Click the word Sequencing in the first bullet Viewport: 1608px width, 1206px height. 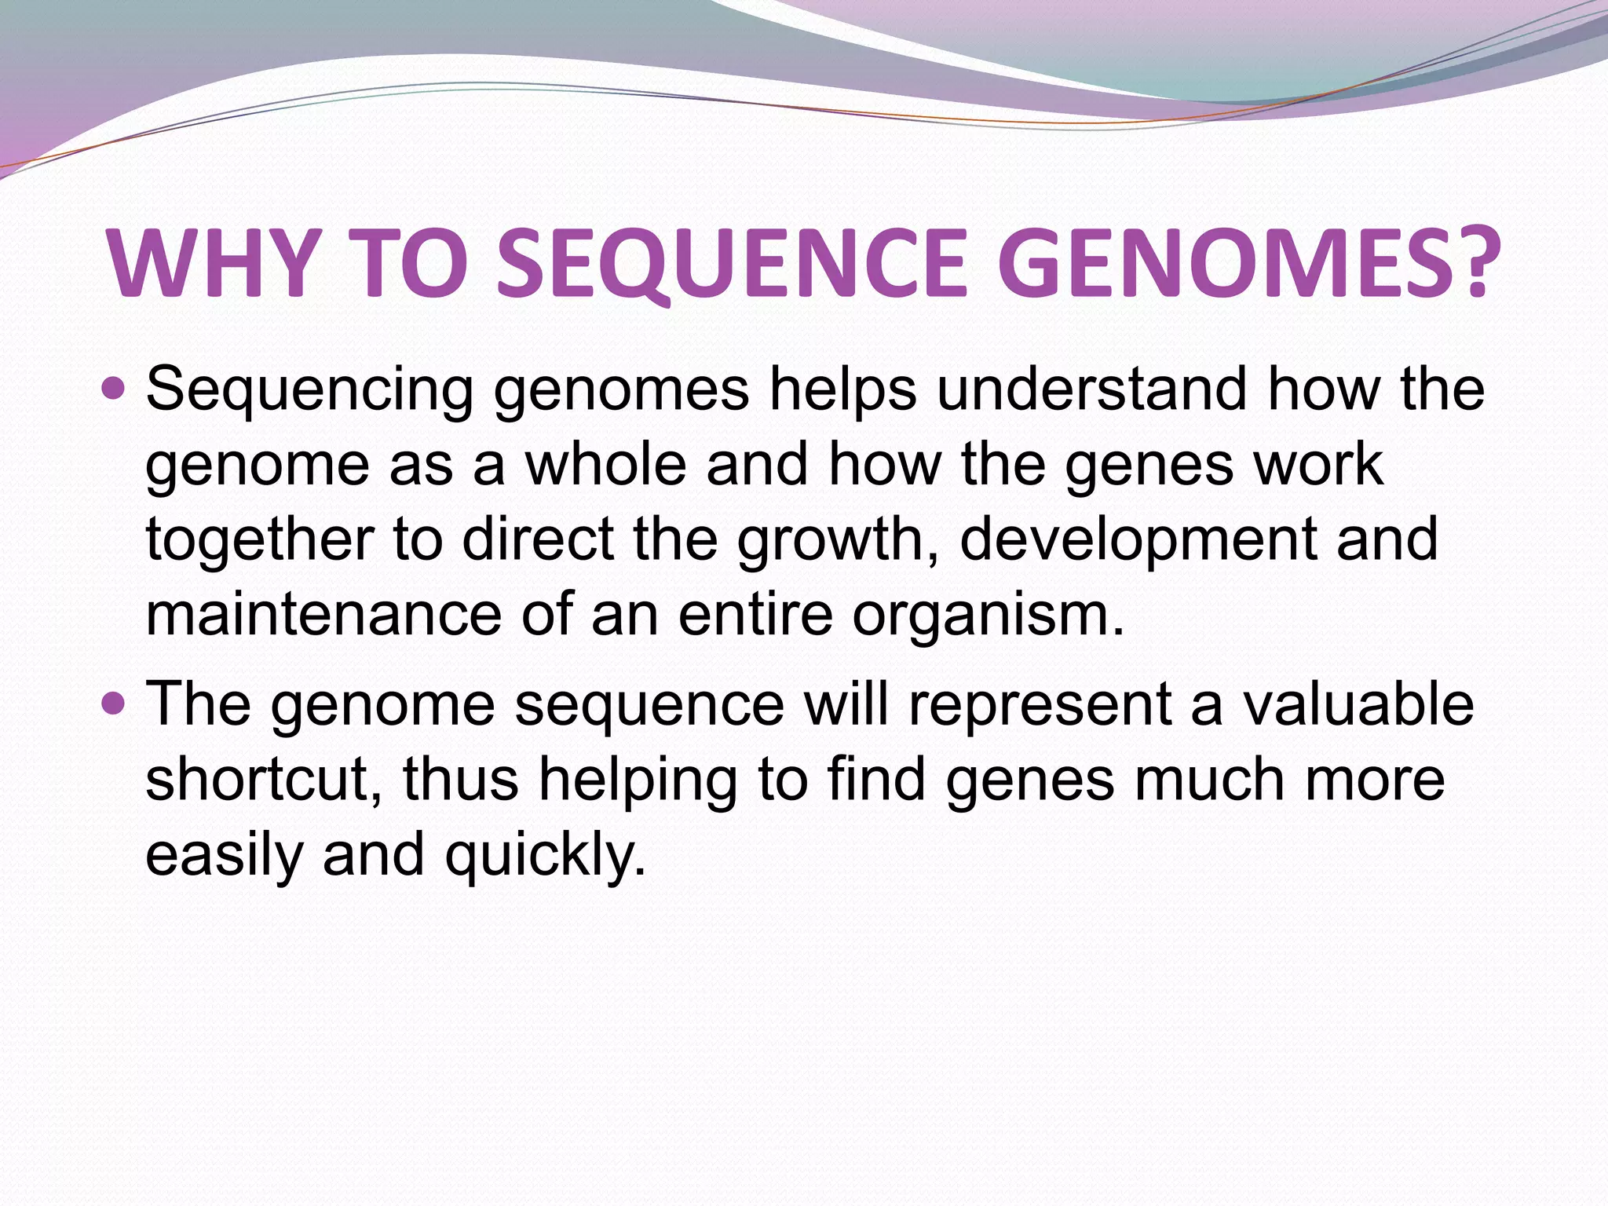tap(309, 390)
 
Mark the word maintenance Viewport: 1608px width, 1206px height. tap(323, 615)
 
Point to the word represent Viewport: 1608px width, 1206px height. tap(1040, 704)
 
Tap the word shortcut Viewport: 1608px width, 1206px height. tap(264, 779)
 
